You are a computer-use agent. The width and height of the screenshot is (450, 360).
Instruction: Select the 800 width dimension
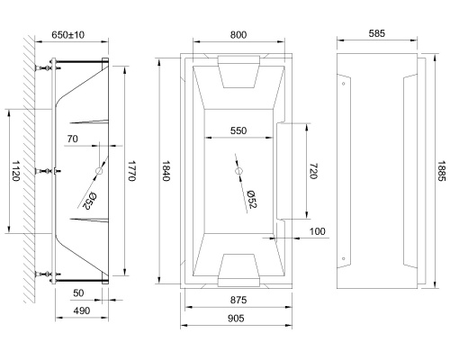click(238, 34)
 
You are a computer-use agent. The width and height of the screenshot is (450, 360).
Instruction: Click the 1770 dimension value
click(131, 172)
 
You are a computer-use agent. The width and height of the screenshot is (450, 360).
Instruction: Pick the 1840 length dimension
click(166, 172)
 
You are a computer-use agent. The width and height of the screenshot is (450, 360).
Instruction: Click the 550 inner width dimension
click(238, 130)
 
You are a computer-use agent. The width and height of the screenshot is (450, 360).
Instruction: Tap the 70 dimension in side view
click(73, 138)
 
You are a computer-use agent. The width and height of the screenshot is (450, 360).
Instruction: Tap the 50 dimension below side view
click(79, 294)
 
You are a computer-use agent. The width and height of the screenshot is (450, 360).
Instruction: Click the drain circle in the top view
click(238, 171)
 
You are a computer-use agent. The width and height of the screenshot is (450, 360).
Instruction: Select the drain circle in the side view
click(98, 171)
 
